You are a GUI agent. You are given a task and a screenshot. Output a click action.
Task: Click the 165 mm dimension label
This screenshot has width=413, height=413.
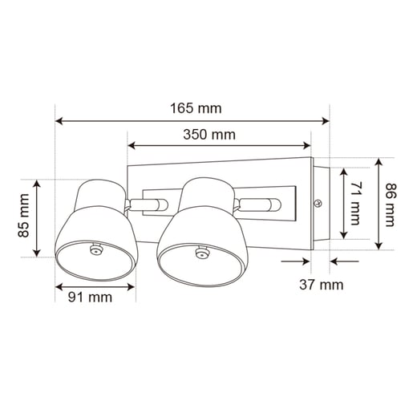pyautogui.click(x=196, y=108)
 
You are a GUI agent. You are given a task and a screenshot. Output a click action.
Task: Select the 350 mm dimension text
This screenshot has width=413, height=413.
pyautogui.click(x=209, y=135)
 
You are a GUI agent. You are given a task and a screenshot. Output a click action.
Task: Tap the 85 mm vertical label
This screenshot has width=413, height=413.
pyautogui.click(x=23, y=216)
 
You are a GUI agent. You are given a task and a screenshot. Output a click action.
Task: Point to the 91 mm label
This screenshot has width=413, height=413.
pyautogui.click(x=90, y=298)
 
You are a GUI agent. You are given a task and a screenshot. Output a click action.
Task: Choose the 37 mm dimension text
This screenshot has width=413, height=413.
pyautogui.click(x=322, y=285)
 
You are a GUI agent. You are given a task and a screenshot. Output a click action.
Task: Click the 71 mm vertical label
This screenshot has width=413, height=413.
pyautogui.click(x=355, y=203)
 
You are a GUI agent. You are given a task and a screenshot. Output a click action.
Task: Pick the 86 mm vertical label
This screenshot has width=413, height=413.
pyautogui.click(x=390, y=204)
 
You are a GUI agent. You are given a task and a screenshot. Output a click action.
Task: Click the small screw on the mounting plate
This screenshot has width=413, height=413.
pyautogui.click(x=318, y=204)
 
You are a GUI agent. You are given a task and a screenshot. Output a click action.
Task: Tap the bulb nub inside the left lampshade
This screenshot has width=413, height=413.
pyautogui.click(x=95, y=249)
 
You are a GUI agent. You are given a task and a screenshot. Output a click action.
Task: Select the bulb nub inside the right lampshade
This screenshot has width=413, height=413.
pyautogui.click(x=201, y=253)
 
